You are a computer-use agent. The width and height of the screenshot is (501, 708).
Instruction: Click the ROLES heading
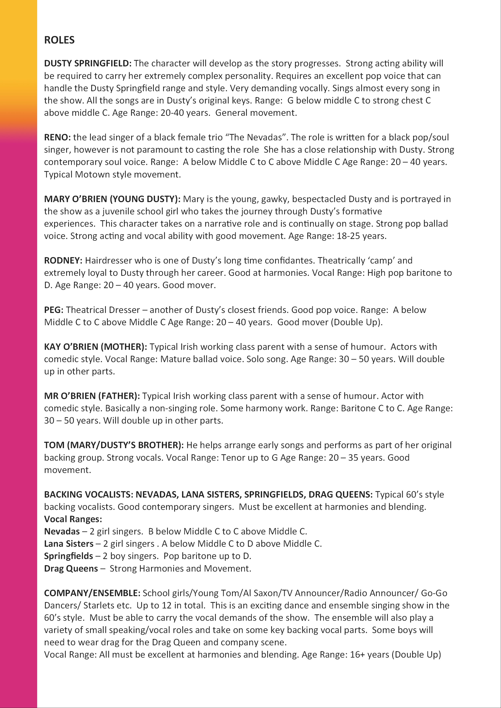(x=59, y=40)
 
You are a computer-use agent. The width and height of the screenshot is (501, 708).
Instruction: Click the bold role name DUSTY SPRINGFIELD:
(x=88, y=63)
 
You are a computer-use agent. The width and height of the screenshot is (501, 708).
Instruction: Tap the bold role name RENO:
(x=57, y=137)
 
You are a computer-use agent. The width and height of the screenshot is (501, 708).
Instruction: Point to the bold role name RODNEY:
(x=63, y=261)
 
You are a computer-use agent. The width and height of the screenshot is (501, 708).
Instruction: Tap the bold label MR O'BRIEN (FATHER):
(x=92, y=396)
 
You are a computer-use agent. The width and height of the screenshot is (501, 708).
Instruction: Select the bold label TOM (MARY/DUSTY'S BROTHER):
(x=114, y=445)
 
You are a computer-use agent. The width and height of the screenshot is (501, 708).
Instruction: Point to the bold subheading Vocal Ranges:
(x=73, y=519)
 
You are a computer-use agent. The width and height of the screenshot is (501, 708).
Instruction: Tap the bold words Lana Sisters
(x=68, y=544)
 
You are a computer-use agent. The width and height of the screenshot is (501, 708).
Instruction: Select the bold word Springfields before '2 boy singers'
(x=68, y=556)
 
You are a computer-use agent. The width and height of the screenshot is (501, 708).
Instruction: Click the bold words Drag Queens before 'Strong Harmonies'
(x=71, y=568)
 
